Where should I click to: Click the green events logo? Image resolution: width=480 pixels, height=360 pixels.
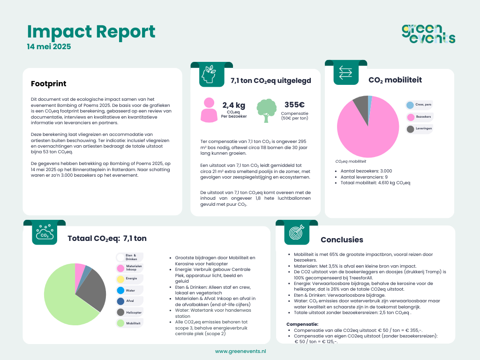click(x=428, y=34)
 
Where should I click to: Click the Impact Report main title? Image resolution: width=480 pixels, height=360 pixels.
click(x=91, y=31)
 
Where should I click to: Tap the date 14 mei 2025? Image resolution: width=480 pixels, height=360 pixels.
click(x=49, y=47)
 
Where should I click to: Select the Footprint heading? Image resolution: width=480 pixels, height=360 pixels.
click(x=48, y=84)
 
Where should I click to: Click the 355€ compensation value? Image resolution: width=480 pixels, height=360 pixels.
click(x=294, y=105)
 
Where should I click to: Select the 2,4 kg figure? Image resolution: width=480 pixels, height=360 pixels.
click(x=233, y=105)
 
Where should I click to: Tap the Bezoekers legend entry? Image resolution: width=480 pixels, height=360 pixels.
click(x=419, y=117)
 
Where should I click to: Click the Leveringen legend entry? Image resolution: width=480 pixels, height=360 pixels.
click(x=419, y=129)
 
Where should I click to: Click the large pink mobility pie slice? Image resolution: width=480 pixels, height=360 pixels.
click(x=368, y=131)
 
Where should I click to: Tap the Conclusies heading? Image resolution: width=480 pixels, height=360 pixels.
click(x=342, y=240)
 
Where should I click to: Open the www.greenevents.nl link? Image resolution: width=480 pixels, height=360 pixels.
click(x=240, y=351)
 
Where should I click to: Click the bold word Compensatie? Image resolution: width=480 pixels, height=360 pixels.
click(x=302, y=324)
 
